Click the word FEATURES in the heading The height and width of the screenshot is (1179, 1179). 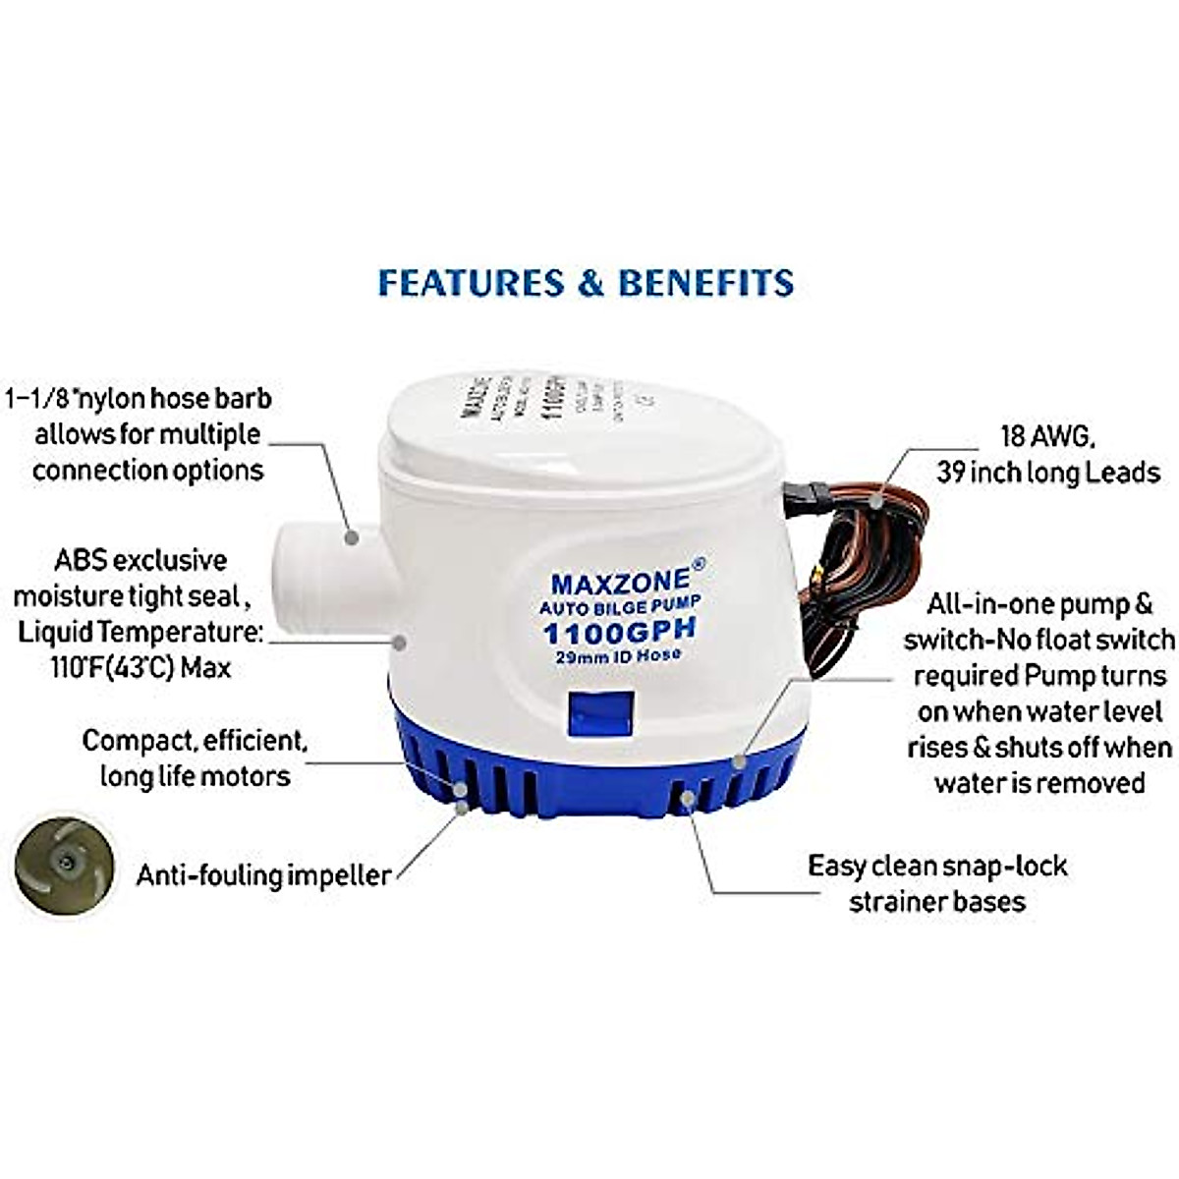(x=471, y=283)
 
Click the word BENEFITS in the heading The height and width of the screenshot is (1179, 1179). (x=705, y=283)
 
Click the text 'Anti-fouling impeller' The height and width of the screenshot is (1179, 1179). (x=263, y=874)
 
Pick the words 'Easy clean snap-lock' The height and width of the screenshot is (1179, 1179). (x=937, y=866)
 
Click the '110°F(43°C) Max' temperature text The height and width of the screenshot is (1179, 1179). (x=139, y=667)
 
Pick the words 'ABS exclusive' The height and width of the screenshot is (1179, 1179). (x=140, y=560)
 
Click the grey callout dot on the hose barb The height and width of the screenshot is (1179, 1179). (x=351, y=537)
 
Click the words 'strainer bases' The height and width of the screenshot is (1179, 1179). (x=936, y=901)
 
